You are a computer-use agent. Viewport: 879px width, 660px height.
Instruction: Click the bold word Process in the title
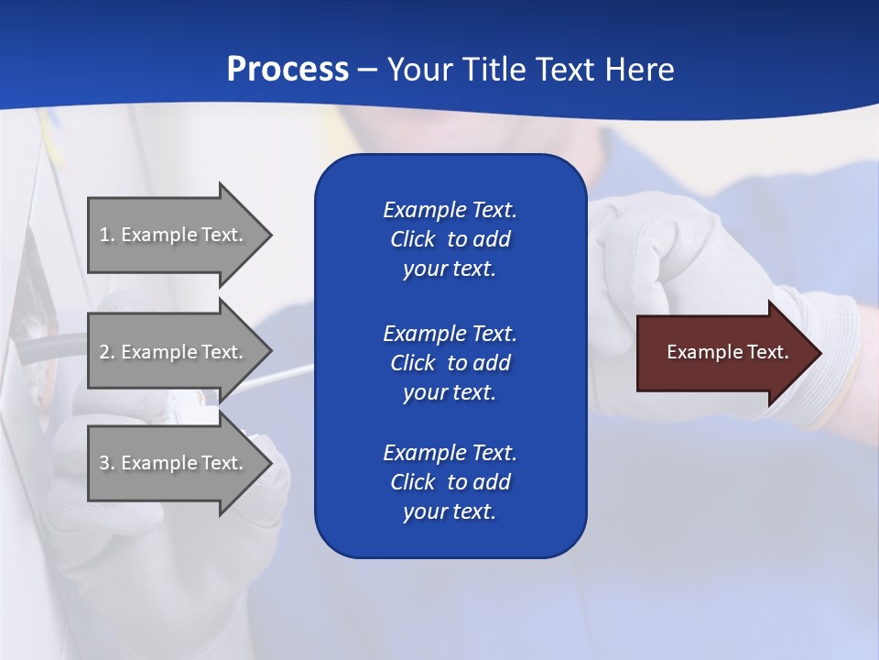pos(288,69)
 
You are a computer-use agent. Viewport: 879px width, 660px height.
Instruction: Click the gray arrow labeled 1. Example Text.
pos(174,235)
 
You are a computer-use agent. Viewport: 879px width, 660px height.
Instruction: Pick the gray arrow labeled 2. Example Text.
pos(174,352)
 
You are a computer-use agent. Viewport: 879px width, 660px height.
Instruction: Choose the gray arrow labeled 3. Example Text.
pos(174,463)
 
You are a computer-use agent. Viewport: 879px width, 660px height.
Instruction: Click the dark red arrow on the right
pos(723,352)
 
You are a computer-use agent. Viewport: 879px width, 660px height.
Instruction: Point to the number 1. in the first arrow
pos(107,235)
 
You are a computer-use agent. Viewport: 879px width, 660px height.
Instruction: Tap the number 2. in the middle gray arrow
pos(107,352)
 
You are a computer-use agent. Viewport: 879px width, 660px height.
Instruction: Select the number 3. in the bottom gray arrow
pos(107,463)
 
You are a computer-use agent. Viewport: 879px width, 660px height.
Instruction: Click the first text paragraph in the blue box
pos(450,239)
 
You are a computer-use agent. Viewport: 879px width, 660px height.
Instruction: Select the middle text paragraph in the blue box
pos(450,362)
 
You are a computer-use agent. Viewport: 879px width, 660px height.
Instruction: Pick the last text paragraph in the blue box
pos(450,482)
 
